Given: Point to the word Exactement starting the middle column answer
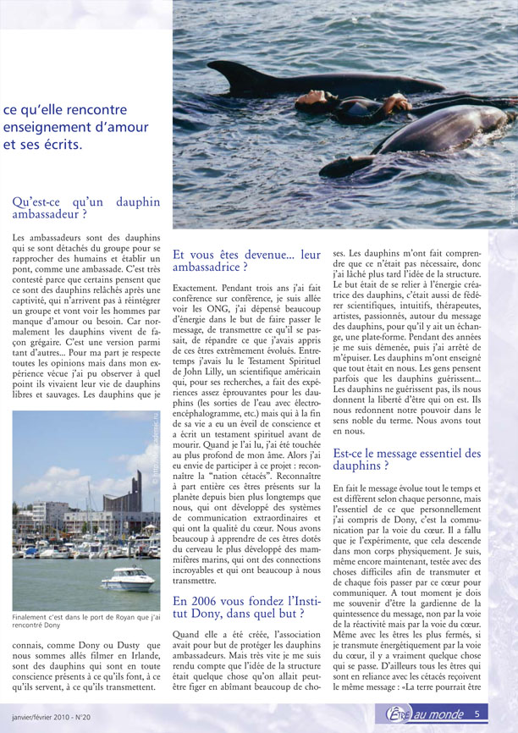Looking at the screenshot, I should [198, 289].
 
